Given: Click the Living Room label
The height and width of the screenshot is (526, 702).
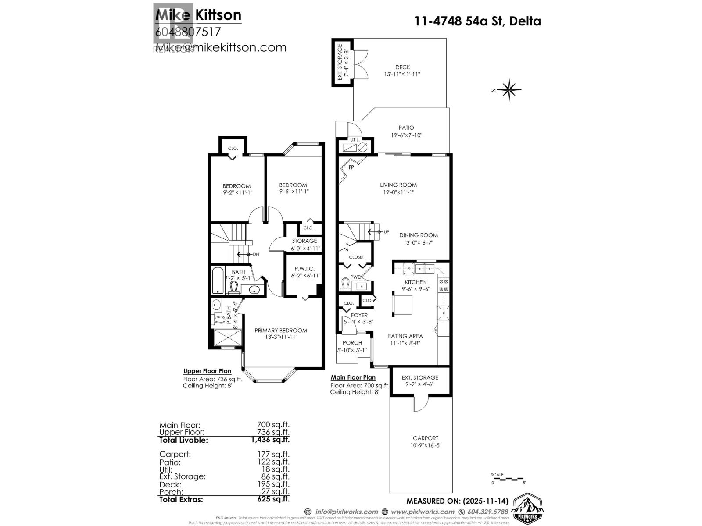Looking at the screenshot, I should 398,185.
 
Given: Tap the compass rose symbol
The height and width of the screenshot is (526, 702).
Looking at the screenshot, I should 509,90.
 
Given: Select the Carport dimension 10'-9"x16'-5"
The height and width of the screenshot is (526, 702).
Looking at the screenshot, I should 425,445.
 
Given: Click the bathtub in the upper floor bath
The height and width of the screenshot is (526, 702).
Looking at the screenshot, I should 218,281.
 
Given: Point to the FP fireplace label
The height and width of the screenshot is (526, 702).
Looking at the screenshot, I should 351,167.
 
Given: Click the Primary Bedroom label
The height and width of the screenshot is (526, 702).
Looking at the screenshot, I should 281,331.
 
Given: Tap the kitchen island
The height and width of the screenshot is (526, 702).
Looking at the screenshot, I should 402,305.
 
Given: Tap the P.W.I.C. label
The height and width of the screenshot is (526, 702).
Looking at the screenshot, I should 304,269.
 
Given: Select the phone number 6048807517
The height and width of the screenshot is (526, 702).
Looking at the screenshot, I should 188,32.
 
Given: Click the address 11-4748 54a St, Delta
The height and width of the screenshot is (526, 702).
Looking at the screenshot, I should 478,21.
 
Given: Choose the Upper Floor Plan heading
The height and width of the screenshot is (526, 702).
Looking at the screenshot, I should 207,371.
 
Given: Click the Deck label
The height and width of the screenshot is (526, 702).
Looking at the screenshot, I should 402,67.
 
